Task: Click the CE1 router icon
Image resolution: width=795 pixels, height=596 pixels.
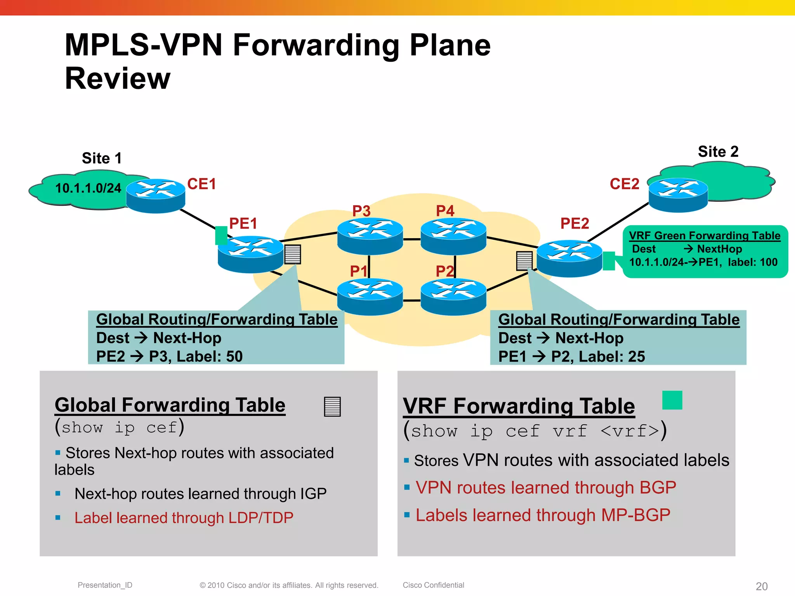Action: point(156,196)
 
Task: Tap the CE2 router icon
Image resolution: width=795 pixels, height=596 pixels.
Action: point(678,195)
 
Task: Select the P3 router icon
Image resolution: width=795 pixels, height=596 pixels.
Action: point(370,236)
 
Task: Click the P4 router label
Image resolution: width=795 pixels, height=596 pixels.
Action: point(445,211)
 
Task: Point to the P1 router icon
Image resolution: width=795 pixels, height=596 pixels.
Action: point(370,296)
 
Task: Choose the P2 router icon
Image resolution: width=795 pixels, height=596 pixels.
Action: point(453,296)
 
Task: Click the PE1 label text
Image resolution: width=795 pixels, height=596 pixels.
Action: point(243,223)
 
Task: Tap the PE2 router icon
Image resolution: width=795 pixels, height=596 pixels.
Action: point(569,258)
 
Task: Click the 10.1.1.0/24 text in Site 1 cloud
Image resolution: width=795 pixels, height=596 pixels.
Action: point(88,188)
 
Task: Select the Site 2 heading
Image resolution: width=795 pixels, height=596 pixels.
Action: point(718,151)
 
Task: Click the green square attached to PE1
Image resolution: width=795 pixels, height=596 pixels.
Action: point(221,235)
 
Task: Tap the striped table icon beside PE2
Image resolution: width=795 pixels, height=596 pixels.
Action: point(524,261)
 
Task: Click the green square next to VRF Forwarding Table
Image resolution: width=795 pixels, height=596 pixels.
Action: point(672,400)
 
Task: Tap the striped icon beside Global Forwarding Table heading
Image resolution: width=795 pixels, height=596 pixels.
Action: point(332,406)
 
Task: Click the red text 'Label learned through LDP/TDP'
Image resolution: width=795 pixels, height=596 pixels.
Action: point(184,518)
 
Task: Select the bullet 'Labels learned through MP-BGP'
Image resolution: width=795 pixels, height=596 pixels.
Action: point(543,515)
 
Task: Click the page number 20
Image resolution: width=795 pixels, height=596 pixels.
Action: point(761,586)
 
